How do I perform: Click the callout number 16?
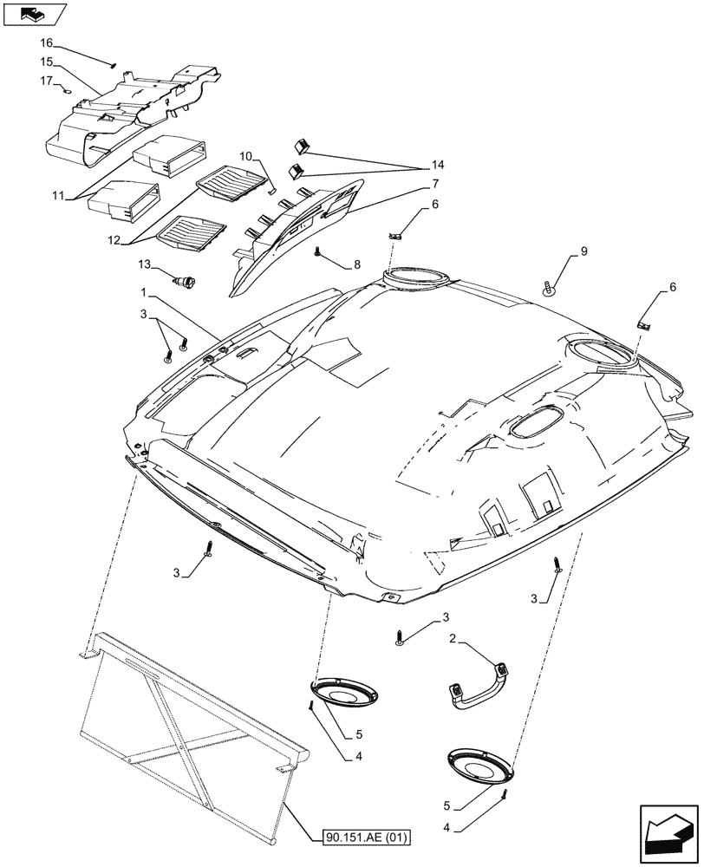click(46, 42)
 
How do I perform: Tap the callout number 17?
click(46, 81)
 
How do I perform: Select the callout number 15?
click(46, 62)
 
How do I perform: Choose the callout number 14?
click(436, 165)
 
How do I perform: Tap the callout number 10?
click(245, 156)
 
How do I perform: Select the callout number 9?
click(583, 252)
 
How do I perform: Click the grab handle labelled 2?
click(477, 682)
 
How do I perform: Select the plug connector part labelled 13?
click(186, 280)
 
